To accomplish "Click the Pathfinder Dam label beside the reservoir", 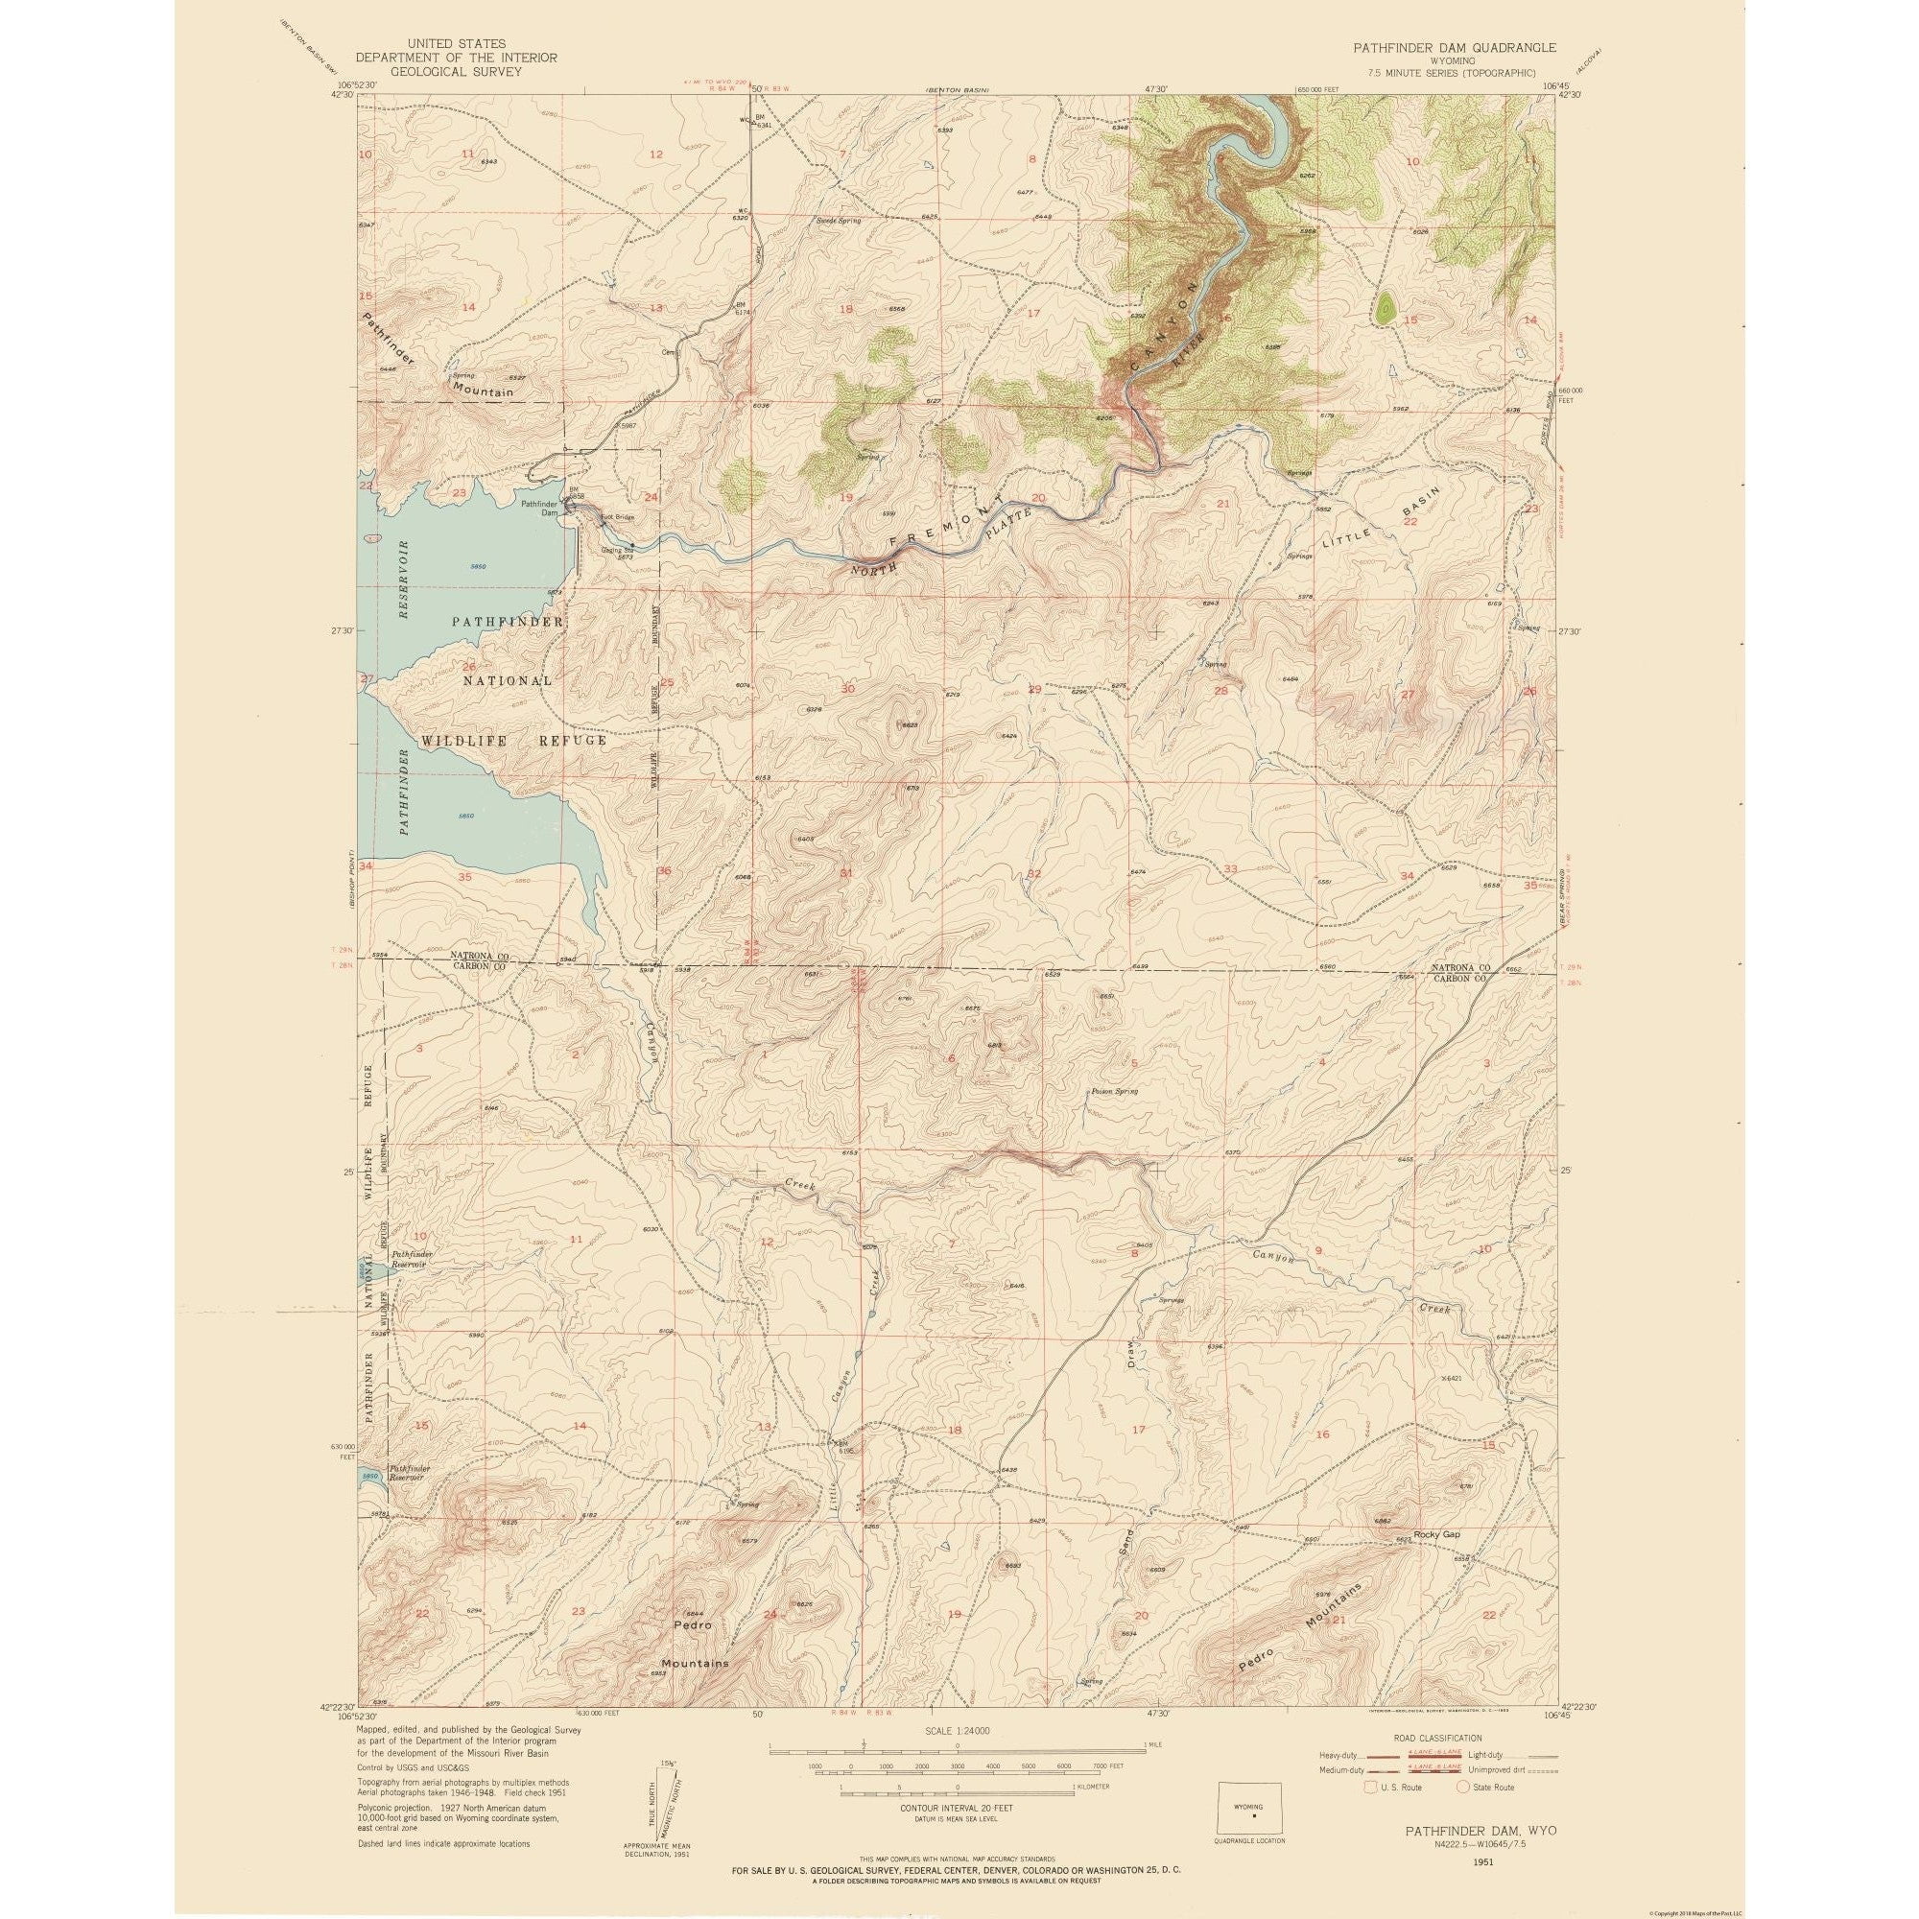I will click(x=540, y=508).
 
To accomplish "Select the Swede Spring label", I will click(x=839, y=221).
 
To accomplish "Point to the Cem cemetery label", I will click(x=670, y=350).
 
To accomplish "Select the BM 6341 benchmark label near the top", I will click(x=763, y=122).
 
